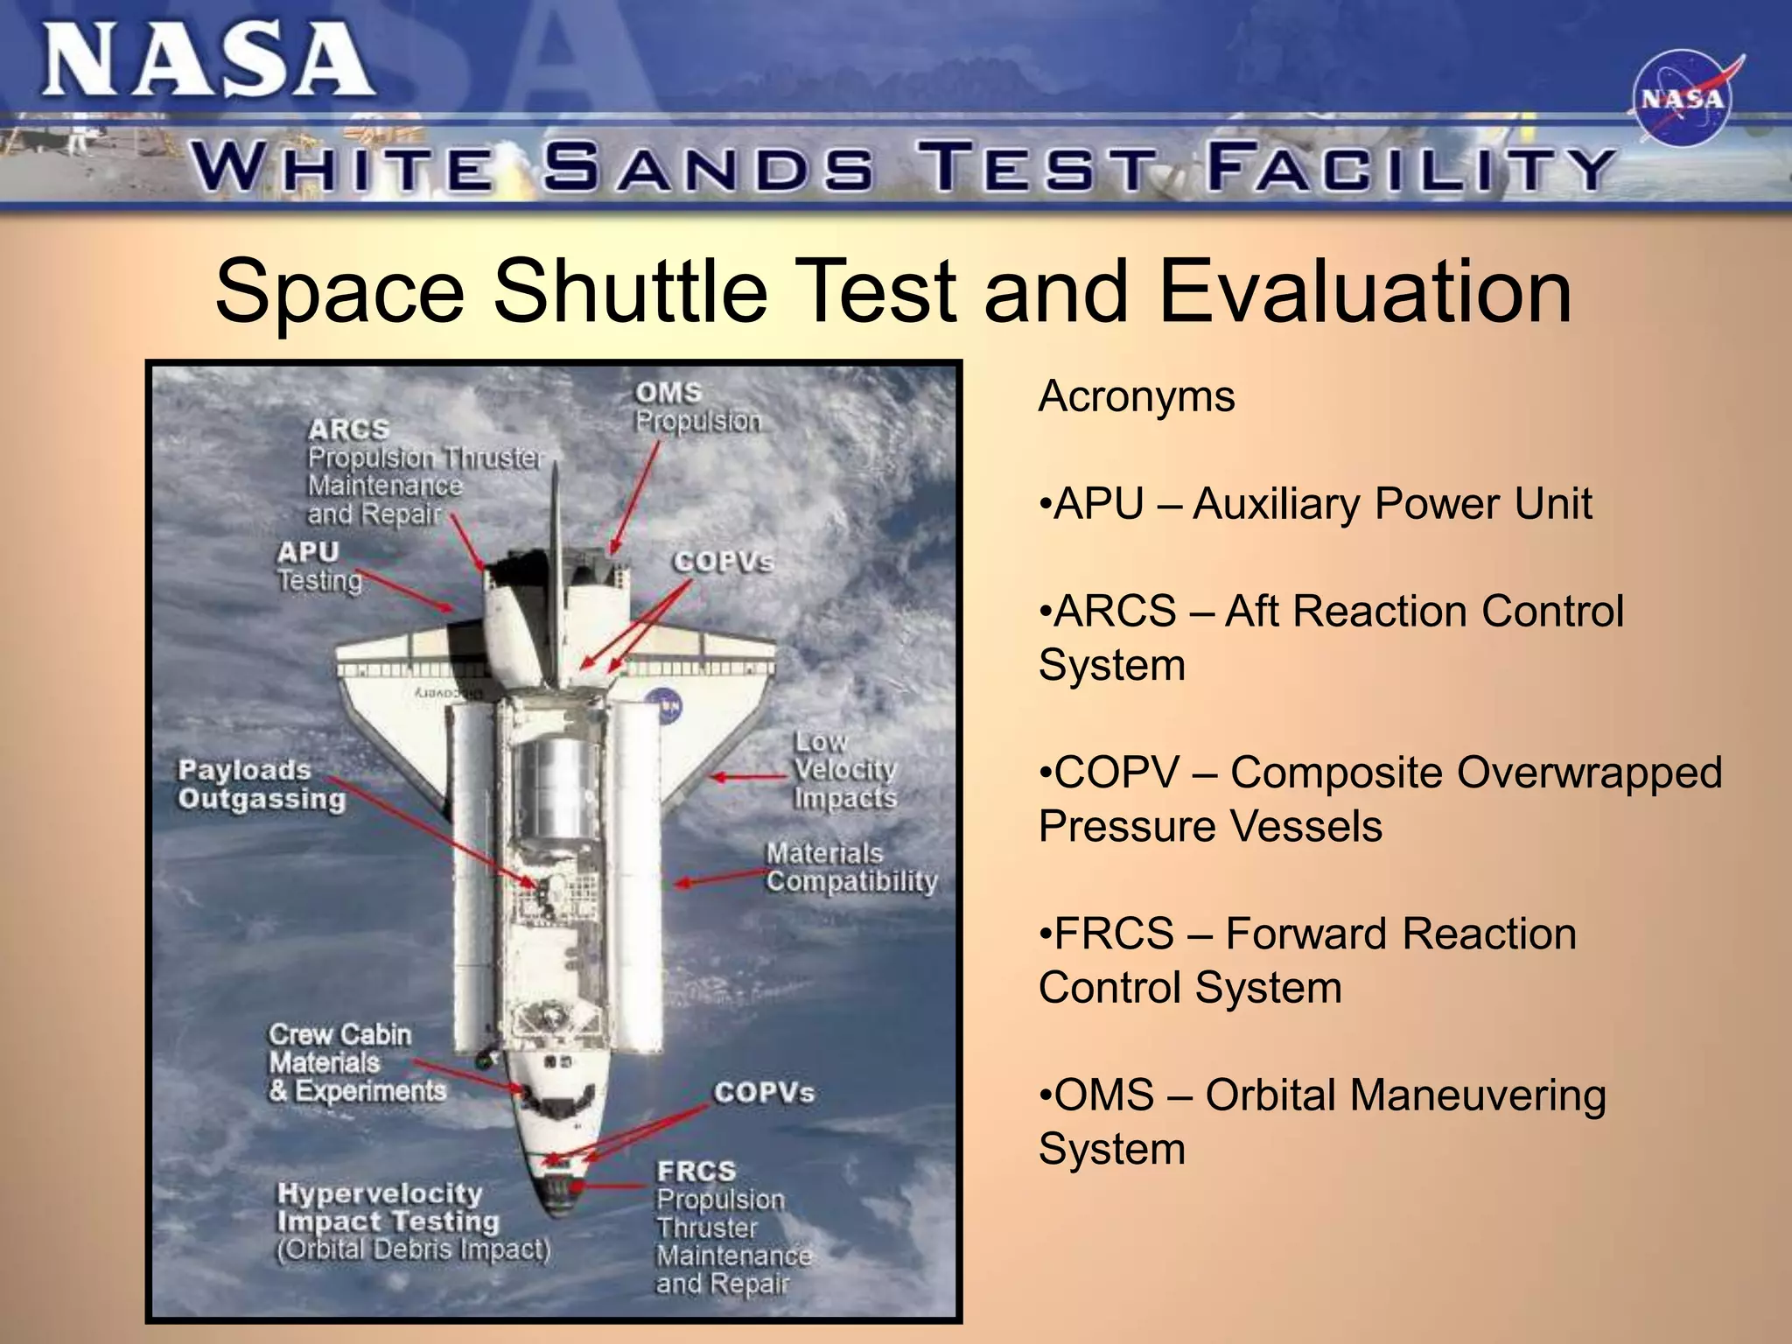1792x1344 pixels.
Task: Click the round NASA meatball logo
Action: [x=1681, y=99]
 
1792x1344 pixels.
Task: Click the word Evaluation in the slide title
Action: [x=1364, y=290]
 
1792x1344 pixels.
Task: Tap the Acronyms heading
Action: [x=1136, y=396]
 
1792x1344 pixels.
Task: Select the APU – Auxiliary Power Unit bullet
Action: [x=1314, y=504]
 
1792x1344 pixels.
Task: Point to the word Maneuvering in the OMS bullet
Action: [x=1404, y=1095]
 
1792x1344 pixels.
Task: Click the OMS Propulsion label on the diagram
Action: [x=696, y=408]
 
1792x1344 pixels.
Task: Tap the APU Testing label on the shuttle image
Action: [x=318, y=566]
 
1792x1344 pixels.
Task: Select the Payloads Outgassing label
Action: [x=261, y=785]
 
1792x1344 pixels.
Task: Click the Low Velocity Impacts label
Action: [x=844, y=771]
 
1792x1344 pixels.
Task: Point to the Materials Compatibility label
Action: [x=850, y=867]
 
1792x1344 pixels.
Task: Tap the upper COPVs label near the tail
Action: [x=723, y=562]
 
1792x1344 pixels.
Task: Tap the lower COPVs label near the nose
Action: [x=763, y=1092]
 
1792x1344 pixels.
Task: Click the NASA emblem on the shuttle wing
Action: [x=662, y=705]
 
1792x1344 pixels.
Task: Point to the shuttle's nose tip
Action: [x=558, y=1212]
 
